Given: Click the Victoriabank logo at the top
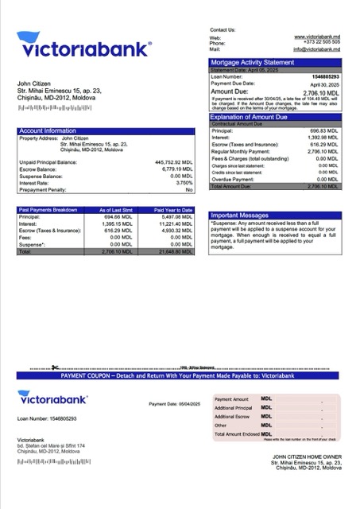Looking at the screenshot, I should pyautogui.click(x=83, y=49).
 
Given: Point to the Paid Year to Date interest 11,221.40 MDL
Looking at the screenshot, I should pyautogui.click(x=175, y=223).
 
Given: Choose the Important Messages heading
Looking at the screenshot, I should pyautogui.click(x=242, y=216).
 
